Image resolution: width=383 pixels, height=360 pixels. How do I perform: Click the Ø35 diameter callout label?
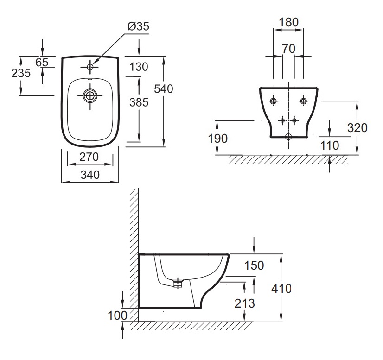[x=138, y=26]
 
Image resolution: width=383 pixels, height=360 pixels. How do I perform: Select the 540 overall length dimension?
[x=163, y=88]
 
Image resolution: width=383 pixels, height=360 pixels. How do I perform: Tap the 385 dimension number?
[x=139, y=102]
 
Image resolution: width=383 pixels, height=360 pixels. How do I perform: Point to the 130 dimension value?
[x=139, y=67]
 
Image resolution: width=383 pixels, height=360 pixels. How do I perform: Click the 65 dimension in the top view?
[x=42, y=62]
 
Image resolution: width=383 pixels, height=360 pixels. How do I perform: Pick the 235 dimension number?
[x=21, y=73]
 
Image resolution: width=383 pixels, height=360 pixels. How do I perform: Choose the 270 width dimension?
[x=89, y=157]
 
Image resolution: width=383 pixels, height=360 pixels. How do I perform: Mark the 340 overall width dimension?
[x=90, y=175]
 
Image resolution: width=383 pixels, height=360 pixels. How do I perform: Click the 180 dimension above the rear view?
[x=288, y=22]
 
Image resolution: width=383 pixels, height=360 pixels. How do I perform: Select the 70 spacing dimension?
[x=288, y=49]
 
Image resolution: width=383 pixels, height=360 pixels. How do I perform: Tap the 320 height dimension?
[x=357, y=128]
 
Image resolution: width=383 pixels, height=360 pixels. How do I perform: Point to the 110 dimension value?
[x=330, y=145]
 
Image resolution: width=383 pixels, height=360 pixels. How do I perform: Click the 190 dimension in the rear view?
[x=217, y=139]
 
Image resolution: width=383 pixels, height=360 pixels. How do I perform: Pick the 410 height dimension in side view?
[x=281, y=289]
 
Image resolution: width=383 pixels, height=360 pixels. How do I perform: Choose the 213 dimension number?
[x=244, y=303]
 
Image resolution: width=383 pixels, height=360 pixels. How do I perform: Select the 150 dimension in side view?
[x=254, y=265]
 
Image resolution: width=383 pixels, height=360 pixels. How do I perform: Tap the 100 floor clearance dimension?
[x=117, y=316]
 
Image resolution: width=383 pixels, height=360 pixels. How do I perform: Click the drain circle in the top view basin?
[x=90, y=95]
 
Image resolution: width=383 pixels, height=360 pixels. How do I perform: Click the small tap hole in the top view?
[x=90, y=67]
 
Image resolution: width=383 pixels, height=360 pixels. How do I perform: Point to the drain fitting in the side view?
[x=178, y=283]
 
